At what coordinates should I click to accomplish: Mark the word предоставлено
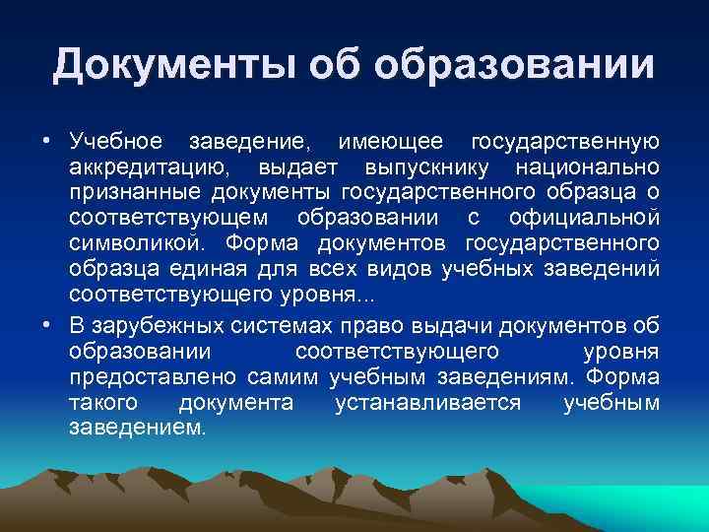point(153,377)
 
